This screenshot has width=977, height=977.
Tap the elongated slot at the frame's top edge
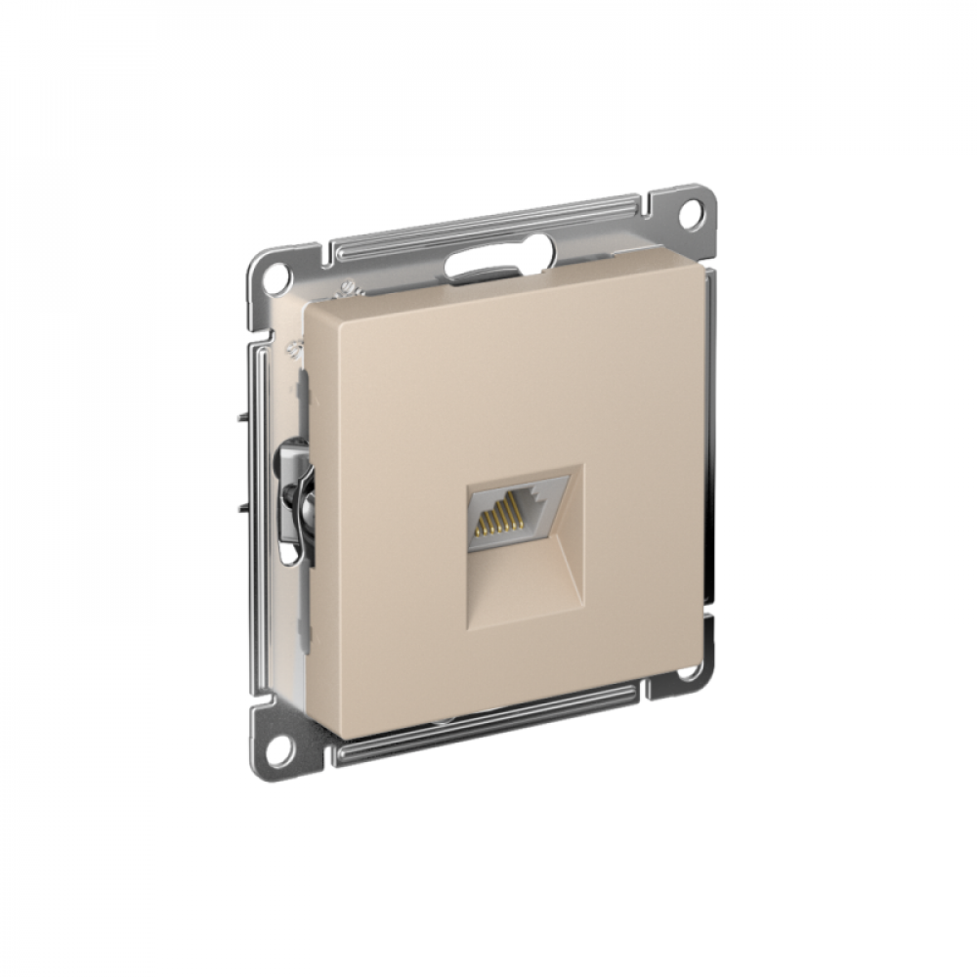[486, 261]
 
